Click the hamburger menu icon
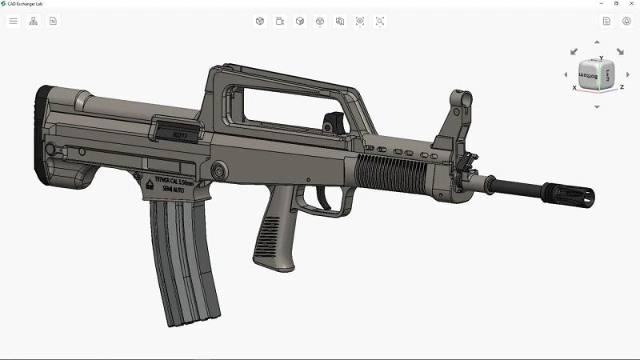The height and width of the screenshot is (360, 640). point(13,21)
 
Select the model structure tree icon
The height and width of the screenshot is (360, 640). point(34,21)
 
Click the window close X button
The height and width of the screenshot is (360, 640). point(630,3)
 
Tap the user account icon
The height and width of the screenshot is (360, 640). point(626,21)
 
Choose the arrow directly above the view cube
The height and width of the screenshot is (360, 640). point(597,42)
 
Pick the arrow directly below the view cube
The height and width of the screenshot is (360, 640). point(597,106)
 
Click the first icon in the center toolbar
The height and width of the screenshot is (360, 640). point(259,21)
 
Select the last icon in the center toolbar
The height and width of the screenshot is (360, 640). point(380,21)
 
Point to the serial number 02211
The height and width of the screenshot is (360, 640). point(182,135)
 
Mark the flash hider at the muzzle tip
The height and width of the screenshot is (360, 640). point(570,194)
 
